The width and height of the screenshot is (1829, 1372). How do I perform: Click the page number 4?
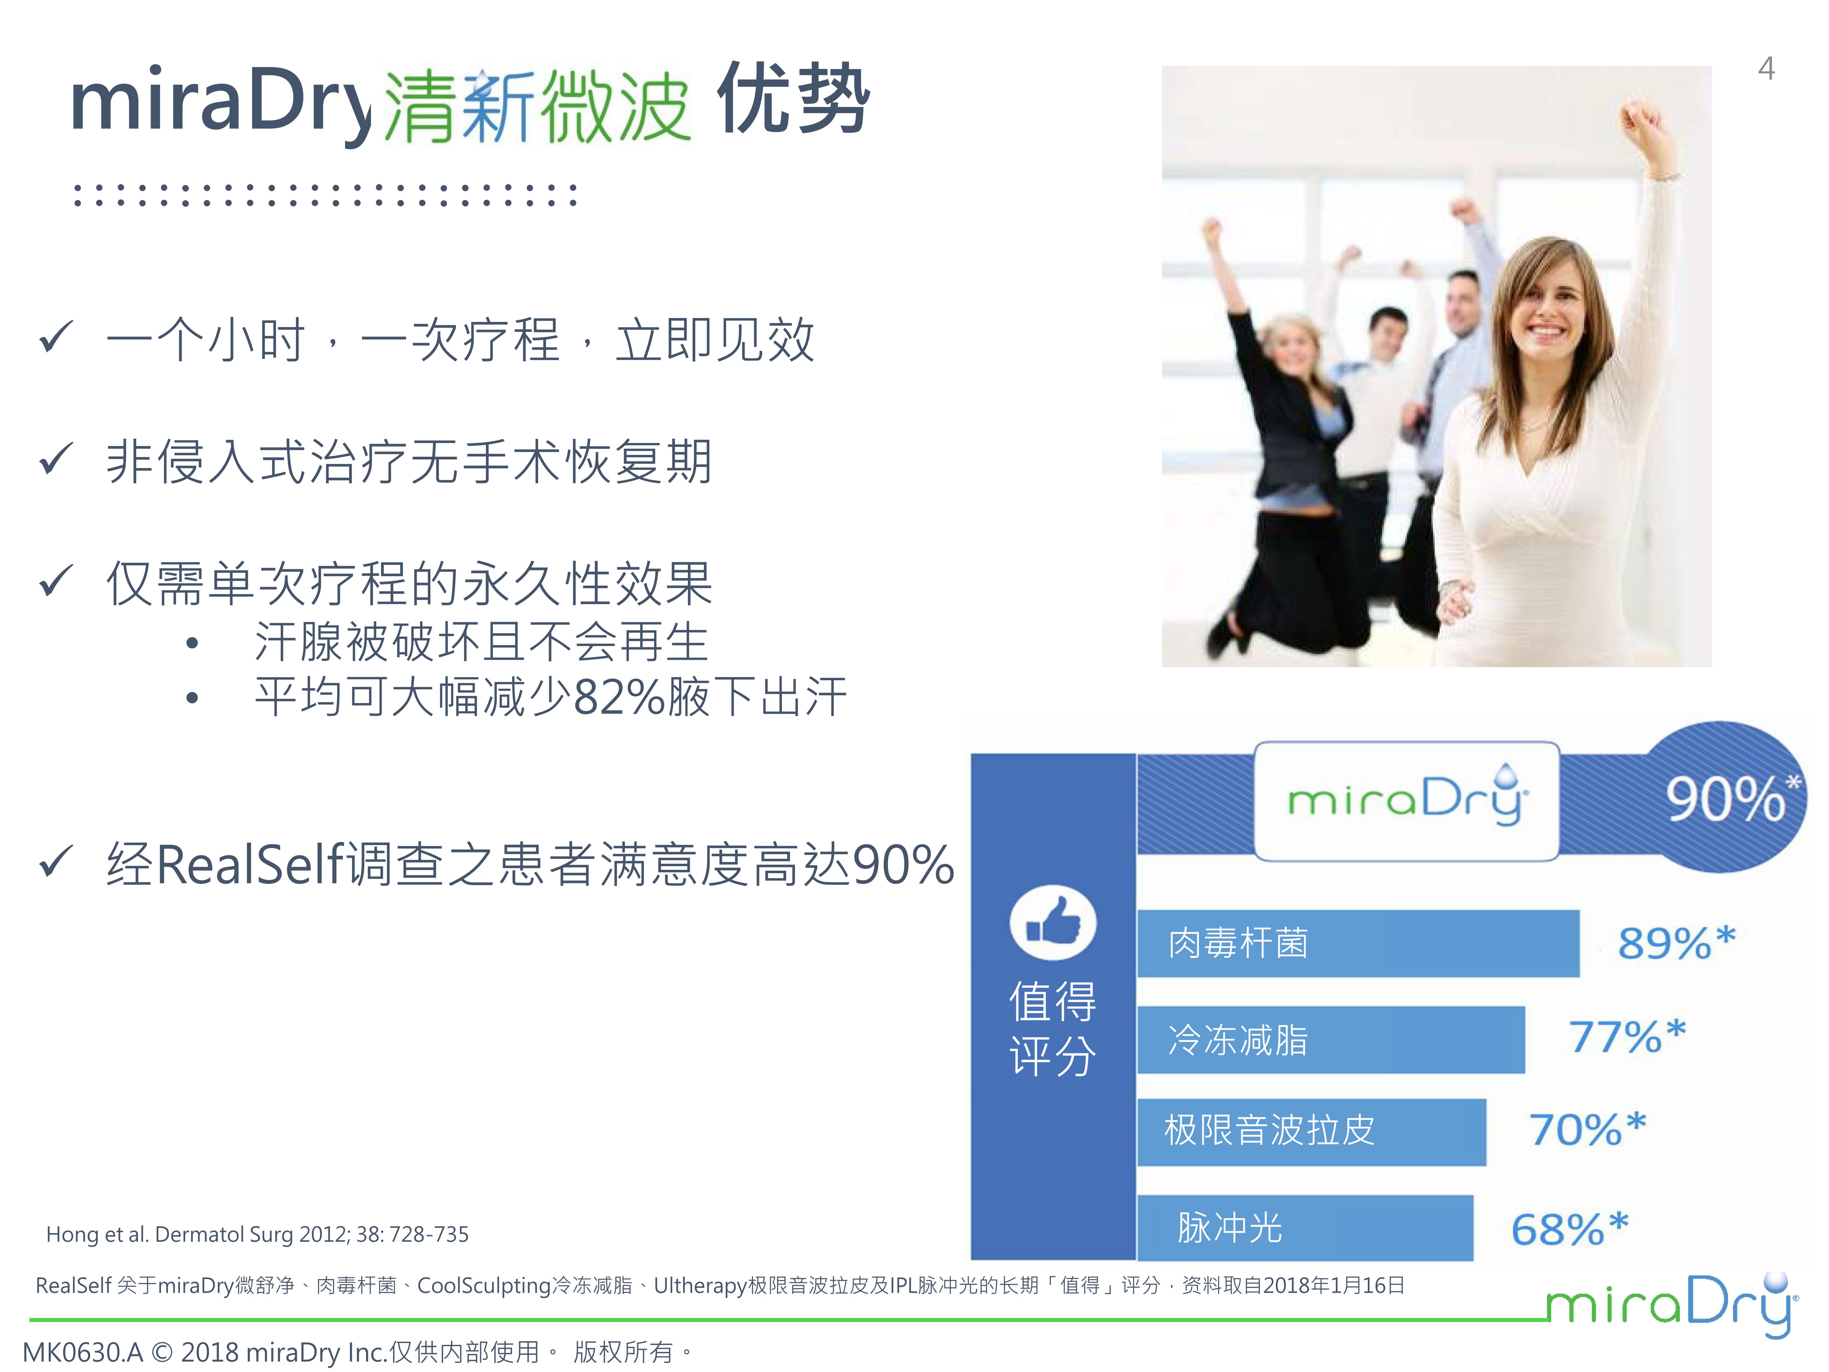pos(1766,68)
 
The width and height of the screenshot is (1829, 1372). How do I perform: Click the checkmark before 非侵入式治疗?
pos(56,460)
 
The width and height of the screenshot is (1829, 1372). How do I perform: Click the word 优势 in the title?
pos(792,99)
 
